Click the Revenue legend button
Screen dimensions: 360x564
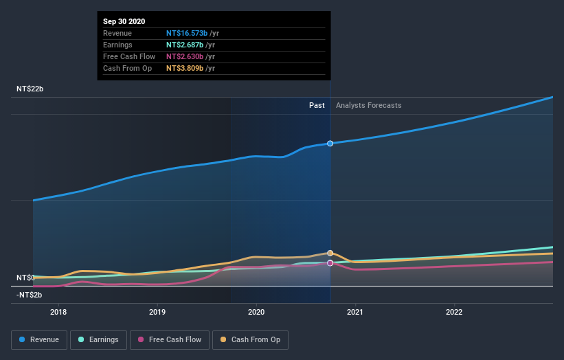40,339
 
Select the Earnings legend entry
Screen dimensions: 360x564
99,339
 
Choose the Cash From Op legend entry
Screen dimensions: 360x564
252,339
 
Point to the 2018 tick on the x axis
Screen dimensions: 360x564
59,311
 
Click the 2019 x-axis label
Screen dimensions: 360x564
158,311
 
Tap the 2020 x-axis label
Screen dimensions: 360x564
257,311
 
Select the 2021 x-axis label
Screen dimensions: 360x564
356,311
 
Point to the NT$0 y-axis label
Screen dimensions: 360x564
25,278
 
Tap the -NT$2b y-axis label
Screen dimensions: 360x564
30,295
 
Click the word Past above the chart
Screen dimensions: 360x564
317,105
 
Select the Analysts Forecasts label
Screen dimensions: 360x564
368,105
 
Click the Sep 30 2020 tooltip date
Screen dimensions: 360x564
124,21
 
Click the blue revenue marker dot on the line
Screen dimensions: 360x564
330,143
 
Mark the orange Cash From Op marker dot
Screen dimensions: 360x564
330,253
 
